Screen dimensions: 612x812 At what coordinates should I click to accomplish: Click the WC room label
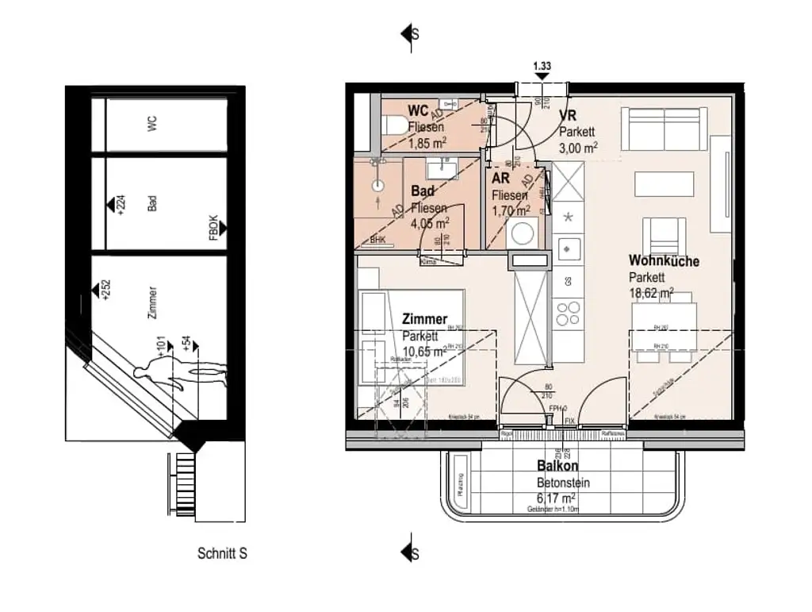tap(419, 110)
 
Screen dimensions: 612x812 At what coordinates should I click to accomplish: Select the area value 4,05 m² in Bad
tap(428, 223)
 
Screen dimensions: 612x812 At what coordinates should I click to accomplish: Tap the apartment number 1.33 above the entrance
tap(542, 67)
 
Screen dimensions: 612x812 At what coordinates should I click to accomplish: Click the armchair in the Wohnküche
tap(664, 234)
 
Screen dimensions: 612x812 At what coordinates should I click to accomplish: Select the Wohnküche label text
tap(664, 261)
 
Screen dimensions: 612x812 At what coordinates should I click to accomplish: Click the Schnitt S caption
tap(222, 553)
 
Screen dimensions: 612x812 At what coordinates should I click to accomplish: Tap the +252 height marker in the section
tap(106, 290)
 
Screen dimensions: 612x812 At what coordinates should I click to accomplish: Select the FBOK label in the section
tap(213, 228)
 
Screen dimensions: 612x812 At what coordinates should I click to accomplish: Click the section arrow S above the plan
tap(411, 34)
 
